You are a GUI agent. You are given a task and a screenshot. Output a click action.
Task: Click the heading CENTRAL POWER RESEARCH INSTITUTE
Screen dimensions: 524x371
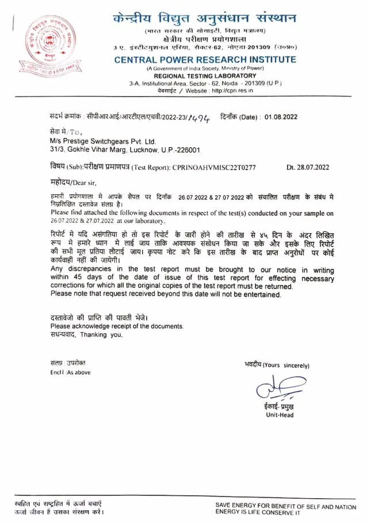[x=205, y=60]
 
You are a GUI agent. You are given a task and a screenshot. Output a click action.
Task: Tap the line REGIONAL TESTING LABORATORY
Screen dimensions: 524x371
[x=205, y=76]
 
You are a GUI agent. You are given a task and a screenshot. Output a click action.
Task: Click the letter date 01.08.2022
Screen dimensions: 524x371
[x=281, y=117]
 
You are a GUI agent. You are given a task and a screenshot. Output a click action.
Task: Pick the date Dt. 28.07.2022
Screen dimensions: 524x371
[x=308, y=168]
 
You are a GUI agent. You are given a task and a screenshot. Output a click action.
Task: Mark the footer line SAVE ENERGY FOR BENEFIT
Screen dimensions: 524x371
[x=289, y=505]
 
